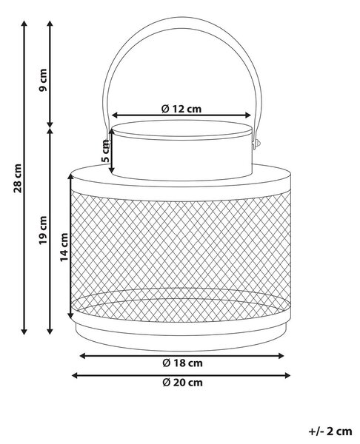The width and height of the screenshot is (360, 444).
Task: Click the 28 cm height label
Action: point(18,178)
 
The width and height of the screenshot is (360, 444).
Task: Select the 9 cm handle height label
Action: point(43,80)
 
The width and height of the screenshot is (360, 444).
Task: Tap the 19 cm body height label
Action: point(43,230)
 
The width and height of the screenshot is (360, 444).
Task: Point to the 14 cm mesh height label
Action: point(64,247)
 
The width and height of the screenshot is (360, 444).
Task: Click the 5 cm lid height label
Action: point(105,152)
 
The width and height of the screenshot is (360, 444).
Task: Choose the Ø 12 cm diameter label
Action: point(181,109)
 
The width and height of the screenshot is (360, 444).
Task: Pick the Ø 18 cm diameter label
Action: point(182,363)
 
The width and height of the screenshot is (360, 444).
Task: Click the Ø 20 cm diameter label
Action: point(182,383)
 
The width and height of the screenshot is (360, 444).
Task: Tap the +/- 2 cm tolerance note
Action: point(330,431)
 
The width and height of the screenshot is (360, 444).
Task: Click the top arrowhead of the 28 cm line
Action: point(24,23)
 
